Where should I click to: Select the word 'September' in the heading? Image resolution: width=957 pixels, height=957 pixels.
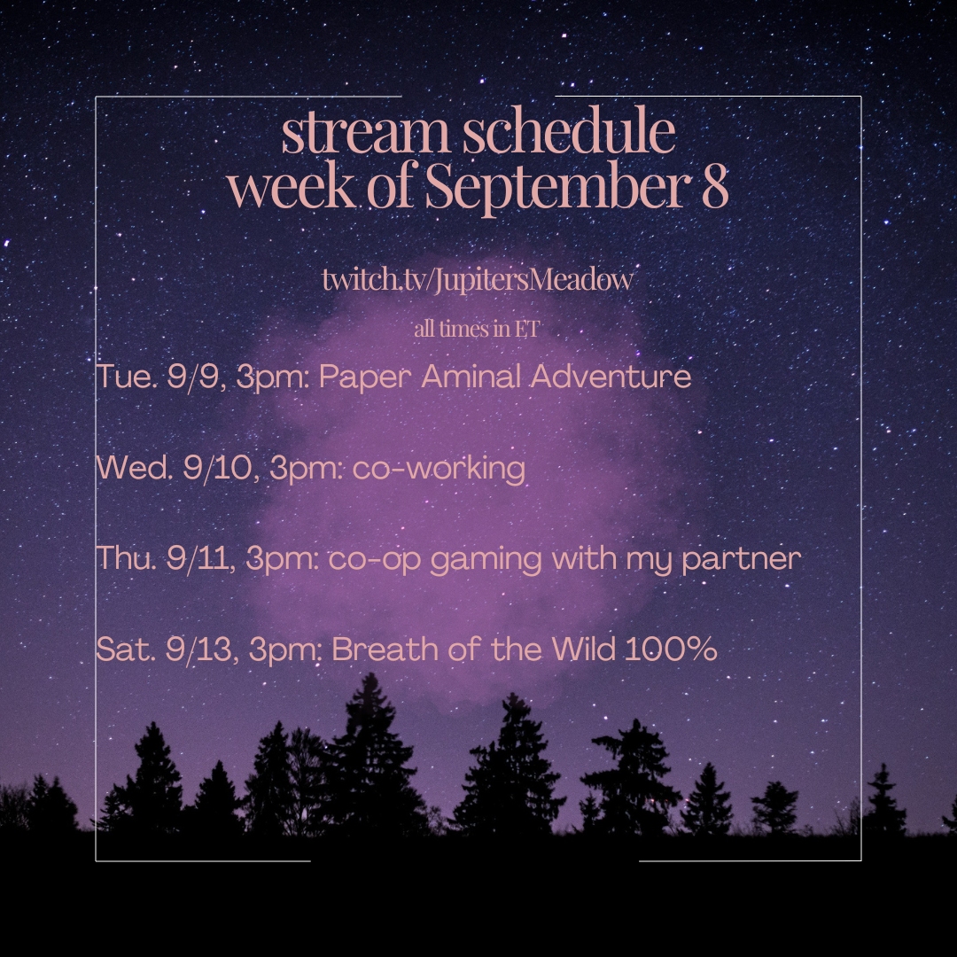[554, 185]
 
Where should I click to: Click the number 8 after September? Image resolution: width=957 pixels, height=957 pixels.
[715, 185]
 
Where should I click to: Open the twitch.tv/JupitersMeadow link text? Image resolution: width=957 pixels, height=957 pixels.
[478, 279]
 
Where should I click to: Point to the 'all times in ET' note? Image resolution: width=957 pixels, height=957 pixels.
[477, 329]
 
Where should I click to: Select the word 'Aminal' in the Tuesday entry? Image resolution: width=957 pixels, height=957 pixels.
[471, 376]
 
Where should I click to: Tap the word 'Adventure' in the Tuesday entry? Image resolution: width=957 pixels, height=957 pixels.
[611, 376]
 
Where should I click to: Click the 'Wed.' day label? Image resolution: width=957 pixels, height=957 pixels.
[135, 468]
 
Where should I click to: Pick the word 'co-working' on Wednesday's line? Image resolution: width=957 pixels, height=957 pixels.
[439, 469]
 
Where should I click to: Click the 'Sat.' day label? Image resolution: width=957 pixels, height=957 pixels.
[125, 649]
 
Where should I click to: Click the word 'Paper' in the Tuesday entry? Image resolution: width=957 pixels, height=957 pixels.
[365, 377]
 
